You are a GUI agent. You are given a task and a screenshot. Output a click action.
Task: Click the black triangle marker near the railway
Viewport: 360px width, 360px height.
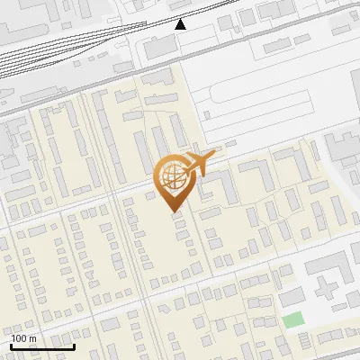point(181,24)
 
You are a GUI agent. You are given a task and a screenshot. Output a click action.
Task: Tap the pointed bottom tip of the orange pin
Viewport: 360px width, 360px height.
point(173,211)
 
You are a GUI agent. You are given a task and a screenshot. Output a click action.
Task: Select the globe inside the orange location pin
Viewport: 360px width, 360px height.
point(172,175)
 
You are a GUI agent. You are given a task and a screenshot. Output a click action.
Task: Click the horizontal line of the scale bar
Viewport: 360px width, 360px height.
point(42,346)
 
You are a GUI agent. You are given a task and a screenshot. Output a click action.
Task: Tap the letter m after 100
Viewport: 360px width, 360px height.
point(33,338)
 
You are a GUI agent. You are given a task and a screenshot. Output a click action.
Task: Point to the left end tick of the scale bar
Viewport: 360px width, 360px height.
point(11,345)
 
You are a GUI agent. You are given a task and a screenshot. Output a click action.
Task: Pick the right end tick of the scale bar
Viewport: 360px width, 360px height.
point(74,345)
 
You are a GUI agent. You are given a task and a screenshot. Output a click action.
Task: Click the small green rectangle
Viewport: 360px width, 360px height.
point(292,319)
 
